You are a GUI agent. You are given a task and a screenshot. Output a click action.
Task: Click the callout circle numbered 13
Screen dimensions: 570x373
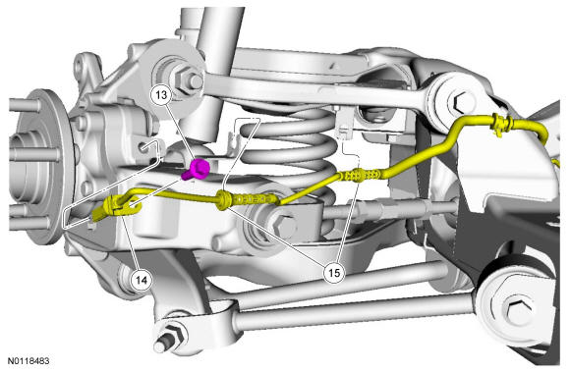[161, 95]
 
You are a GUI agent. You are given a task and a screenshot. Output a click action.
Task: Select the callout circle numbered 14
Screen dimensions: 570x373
[142, 280]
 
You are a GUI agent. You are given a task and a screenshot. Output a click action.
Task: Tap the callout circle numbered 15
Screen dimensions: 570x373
[334, 272]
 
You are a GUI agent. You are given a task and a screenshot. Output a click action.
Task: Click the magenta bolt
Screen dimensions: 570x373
[197, 169]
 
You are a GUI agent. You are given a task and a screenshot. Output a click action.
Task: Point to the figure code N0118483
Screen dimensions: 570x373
[28, 361]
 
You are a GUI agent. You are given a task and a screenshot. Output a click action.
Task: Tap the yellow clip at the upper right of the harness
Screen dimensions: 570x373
[500, 125]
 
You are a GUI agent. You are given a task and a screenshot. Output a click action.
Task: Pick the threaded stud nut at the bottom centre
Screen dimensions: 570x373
[171, 336]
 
